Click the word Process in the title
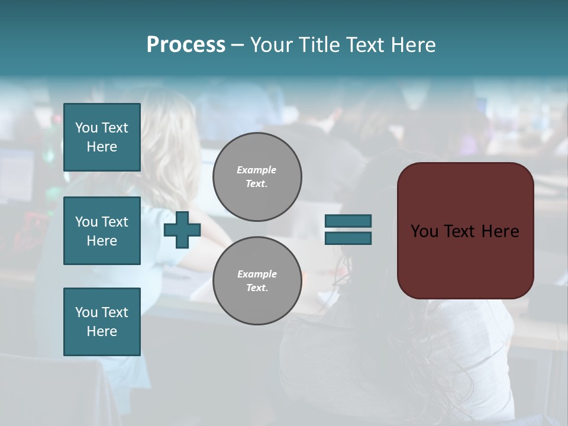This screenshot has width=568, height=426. click(186, 45)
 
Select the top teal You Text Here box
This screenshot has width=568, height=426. click(102, 137)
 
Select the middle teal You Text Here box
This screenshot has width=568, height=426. click(102, 231)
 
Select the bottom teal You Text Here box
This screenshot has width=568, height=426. click(102, 322)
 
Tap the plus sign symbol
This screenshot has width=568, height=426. click(182, 230)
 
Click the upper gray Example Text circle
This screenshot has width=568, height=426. click(257, 177)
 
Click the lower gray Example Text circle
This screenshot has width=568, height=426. click(257, 281)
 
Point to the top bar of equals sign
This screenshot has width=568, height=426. click(348, 221)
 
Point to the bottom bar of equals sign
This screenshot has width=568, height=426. click(348, 238)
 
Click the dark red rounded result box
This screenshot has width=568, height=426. click(465, 260)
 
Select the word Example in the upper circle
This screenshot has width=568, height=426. click(256, 170)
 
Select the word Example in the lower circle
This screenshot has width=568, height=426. click(256, 274)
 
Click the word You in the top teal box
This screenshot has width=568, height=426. click(86, 128)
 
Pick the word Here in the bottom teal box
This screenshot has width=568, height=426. click(102, 331)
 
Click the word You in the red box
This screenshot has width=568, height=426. click(424, 231)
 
